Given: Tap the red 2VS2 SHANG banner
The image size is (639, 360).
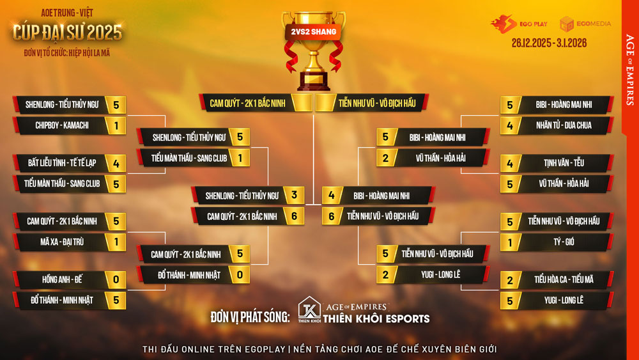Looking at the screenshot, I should pyautogui.click(x=312, y=31).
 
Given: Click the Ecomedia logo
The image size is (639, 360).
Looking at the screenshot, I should pyautogui.click(x=585, y=24).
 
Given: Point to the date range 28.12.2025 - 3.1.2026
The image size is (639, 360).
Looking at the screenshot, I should pyautogui.click(x=549, y=43).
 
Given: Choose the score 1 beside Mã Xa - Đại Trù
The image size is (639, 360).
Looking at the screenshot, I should pyautogui.click(x=116, y=242).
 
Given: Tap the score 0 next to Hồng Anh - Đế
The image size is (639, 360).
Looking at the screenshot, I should pyautogui.click(x=116, y=279).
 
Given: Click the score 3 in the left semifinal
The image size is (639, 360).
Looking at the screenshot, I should pyautogui.click(x=294, y=196).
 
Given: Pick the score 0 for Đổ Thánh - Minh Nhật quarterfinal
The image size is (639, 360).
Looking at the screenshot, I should pyautogui.click(x=240, y=274).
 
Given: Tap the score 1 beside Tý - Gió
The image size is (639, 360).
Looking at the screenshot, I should pyautogui.click(x=510, y=242).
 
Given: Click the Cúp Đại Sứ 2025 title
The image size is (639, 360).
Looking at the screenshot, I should pyautogui.click(x=67, y=32).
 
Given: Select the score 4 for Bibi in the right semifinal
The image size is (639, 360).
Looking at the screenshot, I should pyautogui.click(x=332, y=196).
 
